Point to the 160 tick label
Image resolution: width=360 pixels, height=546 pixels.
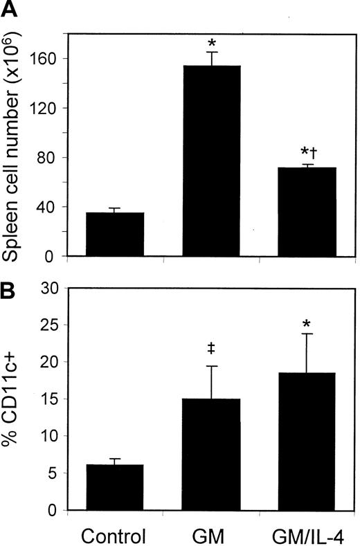43,58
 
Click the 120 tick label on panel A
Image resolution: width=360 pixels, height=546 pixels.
43,108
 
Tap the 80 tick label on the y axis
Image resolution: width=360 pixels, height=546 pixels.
46,158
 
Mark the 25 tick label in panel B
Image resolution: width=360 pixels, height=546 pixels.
46,324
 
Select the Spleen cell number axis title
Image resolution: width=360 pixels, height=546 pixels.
12,133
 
